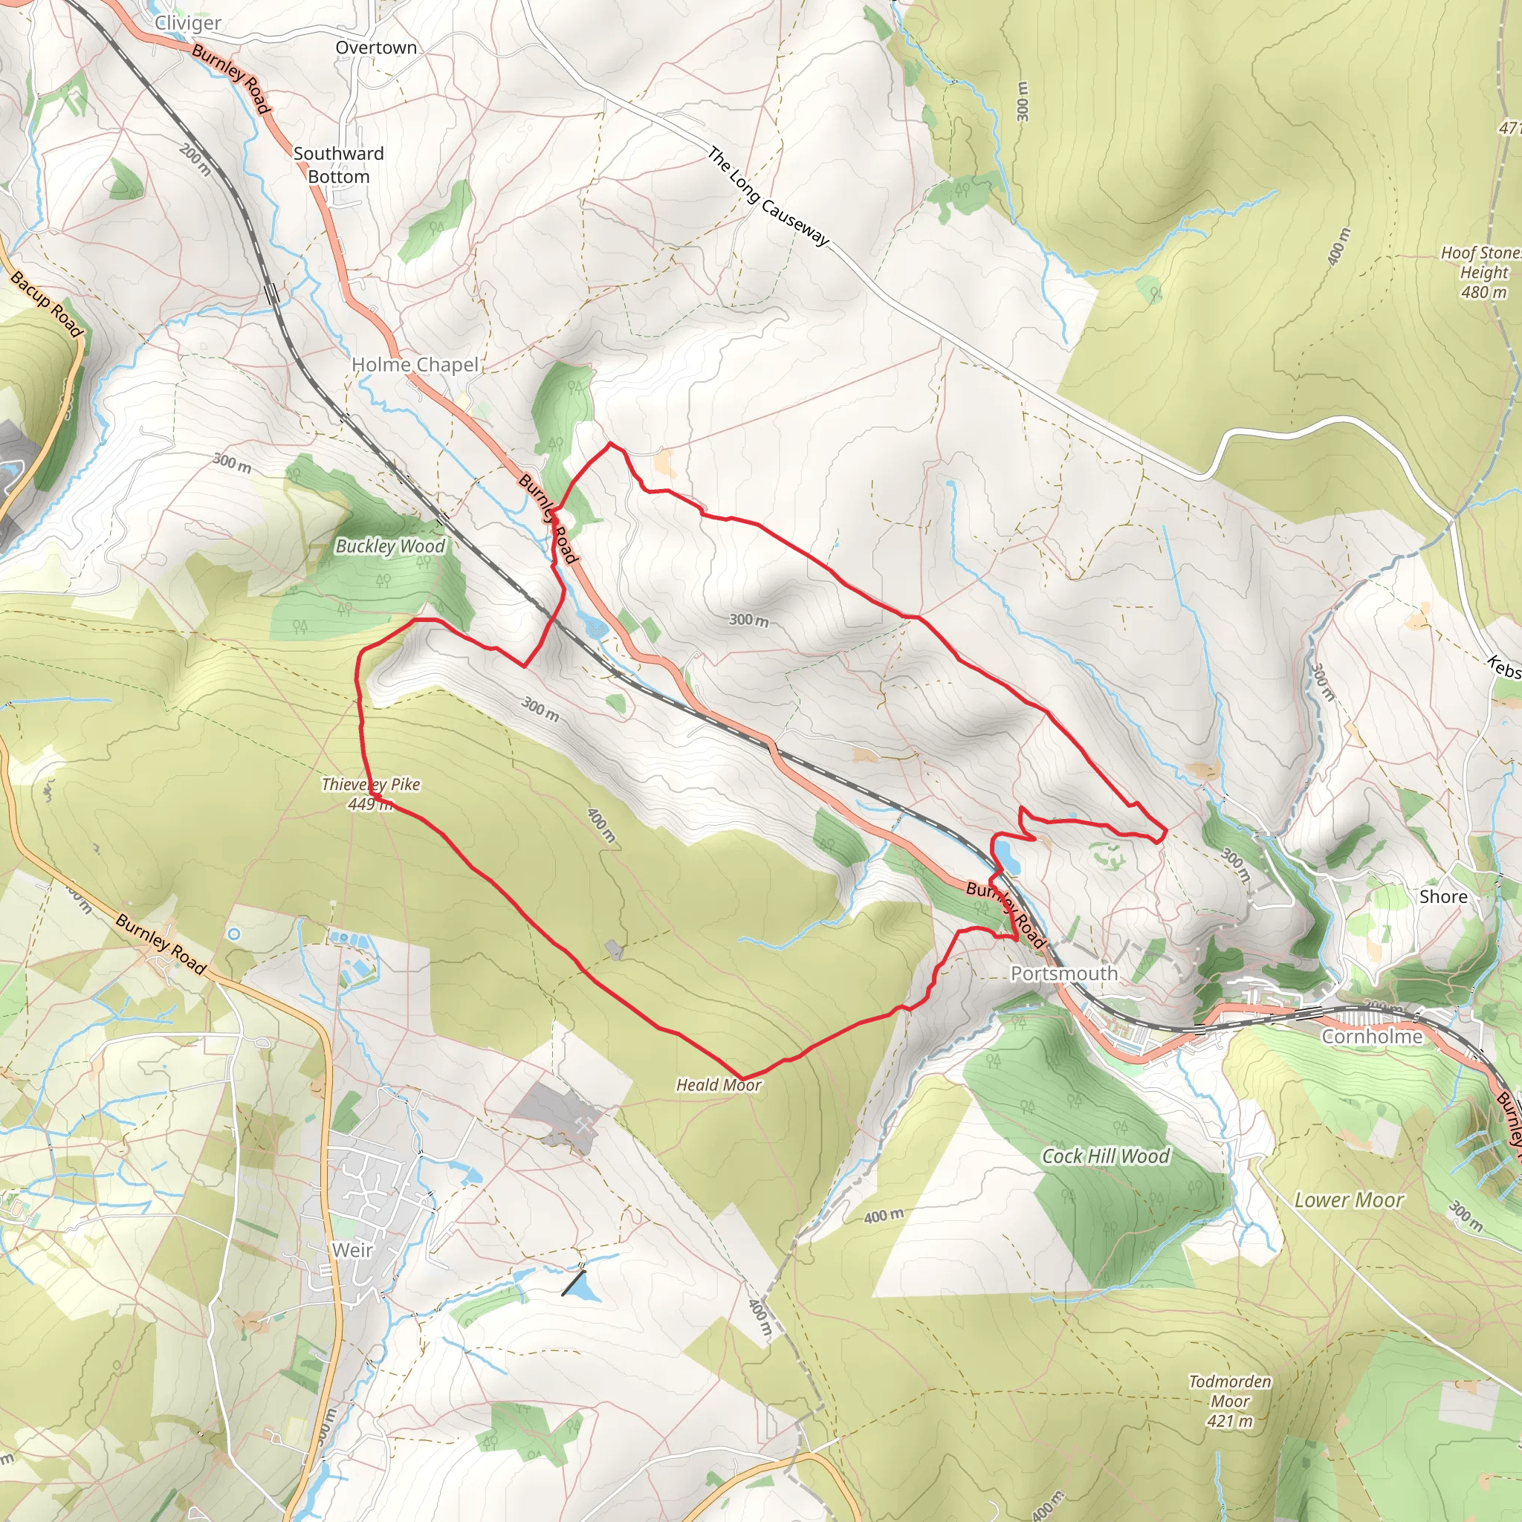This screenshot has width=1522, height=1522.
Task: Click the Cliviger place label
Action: (x=187, y=23)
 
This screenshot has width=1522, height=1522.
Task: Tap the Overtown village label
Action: (x=376, y=48)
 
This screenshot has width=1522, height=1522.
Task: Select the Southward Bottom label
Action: (x=339, y=165)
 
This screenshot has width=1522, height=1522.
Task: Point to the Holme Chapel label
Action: (x=415, y=365)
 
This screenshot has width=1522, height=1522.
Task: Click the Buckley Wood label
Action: (x=390, y=546)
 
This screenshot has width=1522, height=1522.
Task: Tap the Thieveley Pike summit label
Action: (x=370, y=793)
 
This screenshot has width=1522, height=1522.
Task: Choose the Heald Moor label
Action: (x=719, y=1085)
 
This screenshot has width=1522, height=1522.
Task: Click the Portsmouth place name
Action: (x=1063, y=974)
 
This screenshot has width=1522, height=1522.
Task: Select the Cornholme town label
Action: (x=1372, y=1037)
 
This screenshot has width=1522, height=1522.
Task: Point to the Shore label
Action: (x=1443, y=896)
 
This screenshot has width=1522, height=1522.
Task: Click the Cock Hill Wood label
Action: (x=1105, y=1156)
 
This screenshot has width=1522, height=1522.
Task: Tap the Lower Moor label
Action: (x=1349, y=1201)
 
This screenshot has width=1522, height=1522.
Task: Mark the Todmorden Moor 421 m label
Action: (x=1230, y=1402)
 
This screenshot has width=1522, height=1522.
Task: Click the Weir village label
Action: (x=352, y=1250)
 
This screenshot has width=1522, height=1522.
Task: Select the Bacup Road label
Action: (x=47, y=304)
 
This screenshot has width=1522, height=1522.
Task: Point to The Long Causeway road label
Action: (x=768, y=196)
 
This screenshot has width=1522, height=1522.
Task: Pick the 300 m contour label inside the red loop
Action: (x=748, y=620)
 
